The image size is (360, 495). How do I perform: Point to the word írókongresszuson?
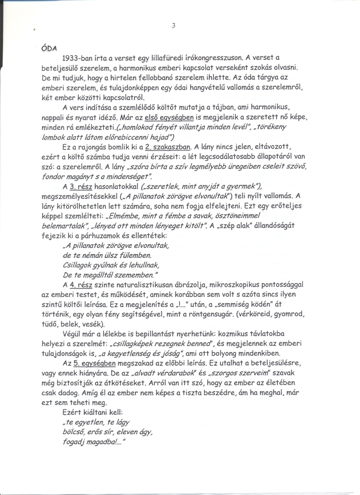pos(223,58)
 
